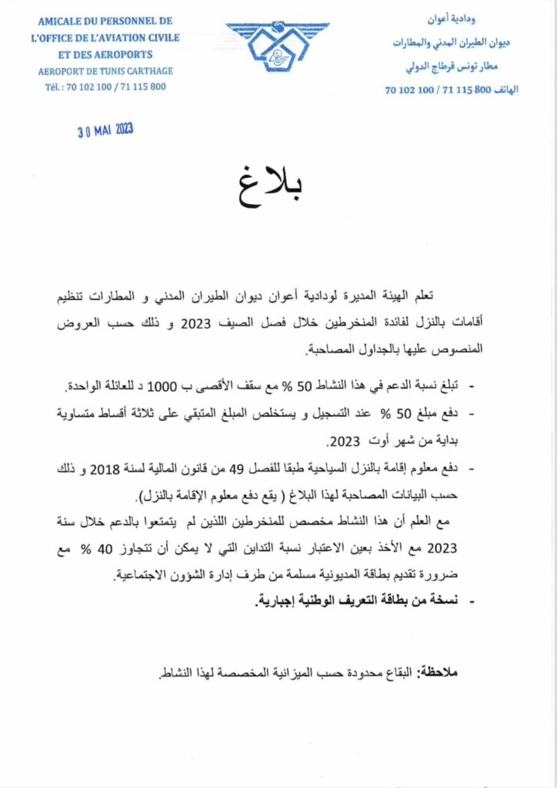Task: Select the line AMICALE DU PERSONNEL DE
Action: [105, 21]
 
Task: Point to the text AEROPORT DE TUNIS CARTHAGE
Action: [105, 72]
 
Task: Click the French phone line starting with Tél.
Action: [105, 87]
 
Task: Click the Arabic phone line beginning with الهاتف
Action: [452, 90]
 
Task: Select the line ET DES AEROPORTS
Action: [105, 55]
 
